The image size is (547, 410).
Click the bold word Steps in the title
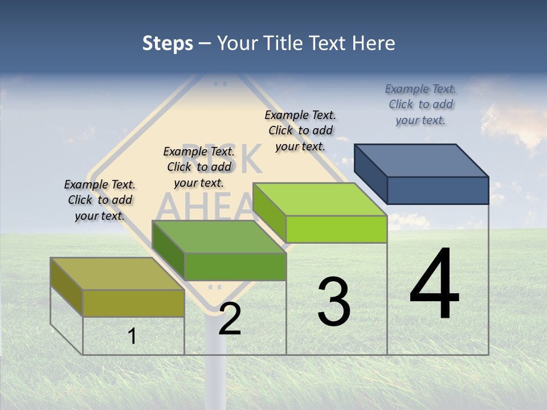[x=168, y=43]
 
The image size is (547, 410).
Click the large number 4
[x=434, y=285]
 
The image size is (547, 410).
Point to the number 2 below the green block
[x=230, y=319]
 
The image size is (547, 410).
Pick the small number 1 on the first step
[x=132, y=336]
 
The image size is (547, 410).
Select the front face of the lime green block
[x=336, y=229]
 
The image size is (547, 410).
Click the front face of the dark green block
[x=235, y=266]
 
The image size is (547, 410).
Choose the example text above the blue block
[x=421, y=104]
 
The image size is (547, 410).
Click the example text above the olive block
[x=100, y=200]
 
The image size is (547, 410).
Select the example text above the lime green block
[x=300, y=130]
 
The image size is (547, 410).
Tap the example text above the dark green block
[x=199, y=167]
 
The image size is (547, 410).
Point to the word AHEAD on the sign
[x=205, y=205]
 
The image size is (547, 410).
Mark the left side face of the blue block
[x=370, y=174]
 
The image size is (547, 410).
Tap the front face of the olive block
[x=133, y=303]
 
